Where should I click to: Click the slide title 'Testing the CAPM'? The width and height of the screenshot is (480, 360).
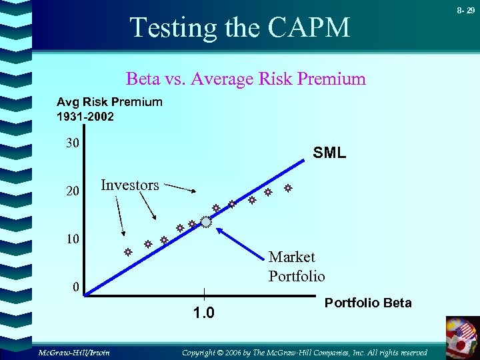coord(240,27)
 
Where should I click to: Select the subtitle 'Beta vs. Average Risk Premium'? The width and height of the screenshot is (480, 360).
coord(246,79)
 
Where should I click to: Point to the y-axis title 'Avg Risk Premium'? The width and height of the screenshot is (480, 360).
coord(109,102)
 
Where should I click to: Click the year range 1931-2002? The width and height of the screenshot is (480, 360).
coord(85,117)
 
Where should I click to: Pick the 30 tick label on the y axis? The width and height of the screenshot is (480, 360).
coord(73,143)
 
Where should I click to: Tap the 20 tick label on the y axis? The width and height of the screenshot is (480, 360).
coord(73,191)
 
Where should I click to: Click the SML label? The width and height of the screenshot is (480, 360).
coord(329,153)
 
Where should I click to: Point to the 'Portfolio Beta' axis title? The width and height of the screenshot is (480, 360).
coord(368,303)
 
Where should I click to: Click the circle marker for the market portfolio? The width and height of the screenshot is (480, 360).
coord(205,223)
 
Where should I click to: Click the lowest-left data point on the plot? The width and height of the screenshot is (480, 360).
coord(125,253)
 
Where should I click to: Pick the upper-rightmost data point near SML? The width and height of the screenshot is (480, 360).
coord(288,189)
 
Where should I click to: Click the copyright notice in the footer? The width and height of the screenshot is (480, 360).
coord(305,351)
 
